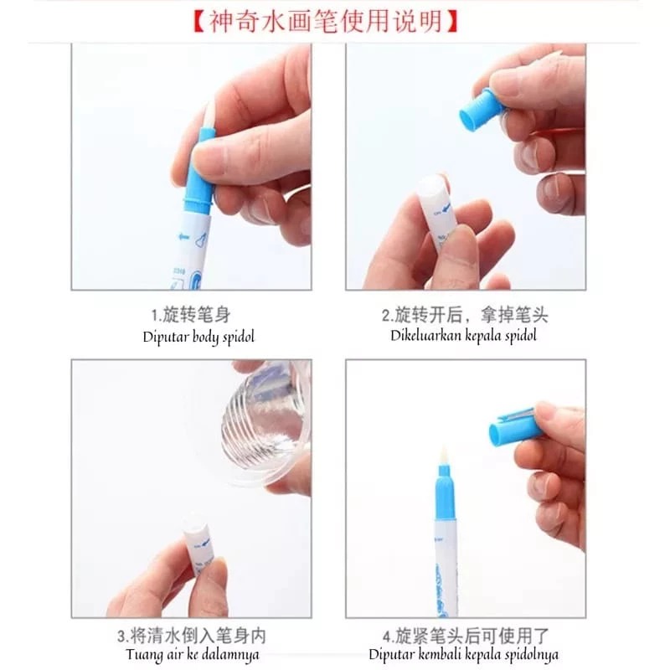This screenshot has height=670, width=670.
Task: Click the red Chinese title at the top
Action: coord(326,22)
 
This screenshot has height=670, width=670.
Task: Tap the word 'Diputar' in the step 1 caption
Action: coord(165,338)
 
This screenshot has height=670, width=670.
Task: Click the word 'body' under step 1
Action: coord(207,338)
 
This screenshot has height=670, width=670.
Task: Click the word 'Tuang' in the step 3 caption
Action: coord(143,655)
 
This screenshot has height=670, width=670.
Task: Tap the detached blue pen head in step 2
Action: coord(479,111)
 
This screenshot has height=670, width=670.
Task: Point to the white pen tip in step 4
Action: coord(443,456)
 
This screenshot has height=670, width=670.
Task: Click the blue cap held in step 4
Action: coord(515,426)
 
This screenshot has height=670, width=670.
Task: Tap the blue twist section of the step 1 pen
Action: coord(198,171)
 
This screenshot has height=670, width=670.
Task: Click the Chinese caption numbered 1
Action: coord(191,315)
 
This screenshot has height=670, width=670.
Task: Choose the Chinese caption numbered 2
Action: coord(465,315)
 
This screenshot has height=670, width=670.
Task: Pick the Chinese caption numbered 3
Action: coord(192,636)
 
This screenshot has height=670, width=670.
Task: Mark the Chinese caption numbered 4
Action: coord(466,636)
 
